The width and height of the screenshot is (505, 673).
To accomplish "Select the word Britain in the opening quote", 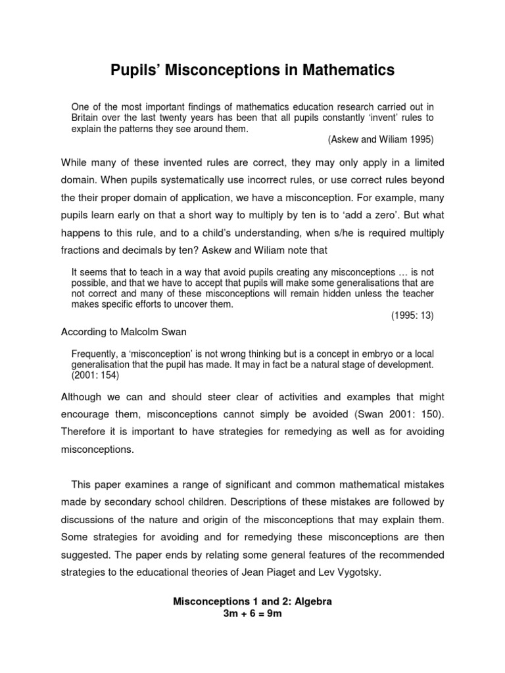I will pyautogui.click(x=87, y=118).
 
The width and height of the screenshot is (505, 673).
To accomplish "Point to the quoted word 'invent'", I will pyautogui.click(x=379, y=118).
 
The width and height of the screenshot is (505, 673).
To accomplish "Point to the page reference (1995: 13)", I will pyautogui.click(x=412, y=315).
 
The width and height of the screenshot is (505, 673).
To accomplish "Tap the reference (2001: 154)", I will pyautogui.click(x=95, y=375).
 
